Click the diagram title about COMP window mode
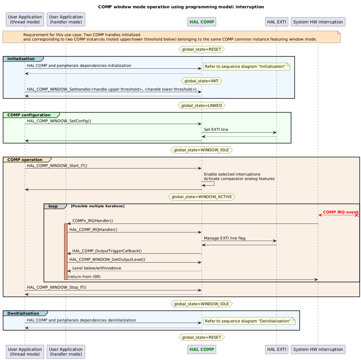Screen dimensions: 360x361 click(181, 7)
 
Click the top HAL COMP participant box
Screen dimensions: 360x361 click(202, 22)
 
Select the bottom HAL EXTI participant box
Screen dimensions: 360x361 click(276, 349)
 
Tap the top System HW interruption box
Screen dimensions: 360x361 click(318, 22)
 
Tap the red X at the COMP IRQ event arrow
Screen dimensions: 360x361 click(357, 215)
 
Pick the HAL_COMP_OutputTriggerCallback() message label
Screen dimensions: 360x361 click(107, 251)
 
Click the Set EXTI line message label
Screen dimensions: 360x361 click(216, 130)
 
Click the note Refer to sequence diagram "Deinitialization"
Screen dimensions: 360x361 click(248, 321)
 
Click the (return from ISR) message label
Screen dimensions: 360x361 click(84, 277)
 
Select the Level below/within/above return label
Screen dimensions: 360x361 click(97, 268)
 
